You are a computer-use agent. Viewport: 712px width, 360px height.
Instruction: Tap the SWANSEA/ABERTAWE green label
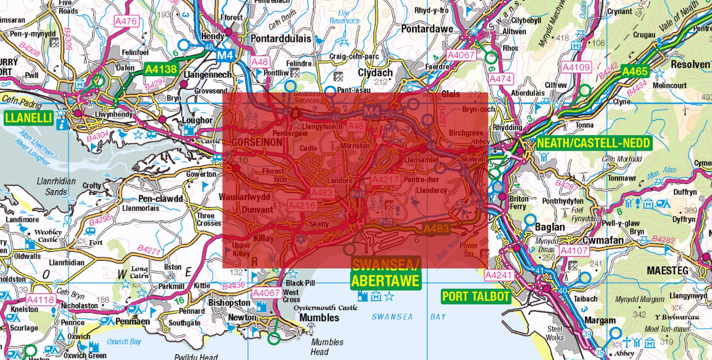coord(386,273)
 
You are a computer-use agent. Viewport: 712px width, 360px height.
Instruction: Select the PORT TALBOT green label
coord(476,296)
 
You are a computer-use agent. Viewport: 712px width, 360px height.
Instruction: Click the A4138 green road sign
coord(161,69)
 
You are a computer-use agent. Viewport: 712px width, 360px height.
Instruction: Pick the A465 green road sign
coord(633,72)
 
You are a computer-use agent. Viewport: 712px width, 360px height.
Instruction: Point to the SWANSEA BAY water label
coord(409,317)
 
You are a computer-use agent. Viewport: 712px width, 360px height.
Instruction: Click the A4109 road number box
coord(576,68)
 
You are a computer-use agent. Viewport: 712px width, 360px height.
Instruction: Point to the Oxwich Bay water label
coord(124,342)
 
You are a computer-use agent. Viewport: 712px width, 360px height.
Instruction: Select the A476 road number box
coord(126,21)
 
